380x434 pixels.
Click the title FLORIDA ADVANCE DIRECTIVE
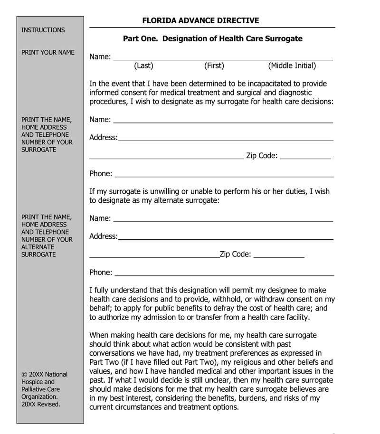click(200, 20)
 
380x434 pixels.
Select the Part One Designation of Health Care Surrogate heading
click(212, 38)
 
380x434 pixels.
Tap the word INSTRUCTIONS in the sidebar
click(43, 30)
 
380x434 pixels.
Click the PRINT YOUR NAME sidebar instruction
click(48, 52)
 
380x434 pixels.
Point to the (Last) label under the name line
click(143, 66)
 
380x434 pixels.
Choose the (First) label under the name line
click(214, 66)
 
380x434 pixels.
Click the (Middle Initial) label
click(292, 66)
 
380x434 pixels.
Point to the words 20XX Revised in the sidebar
click(41, 404)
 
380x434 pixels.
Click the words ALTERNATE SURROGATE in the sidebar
click(38, 251)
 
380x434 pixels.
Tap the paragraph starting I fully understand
click(212, 303)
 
